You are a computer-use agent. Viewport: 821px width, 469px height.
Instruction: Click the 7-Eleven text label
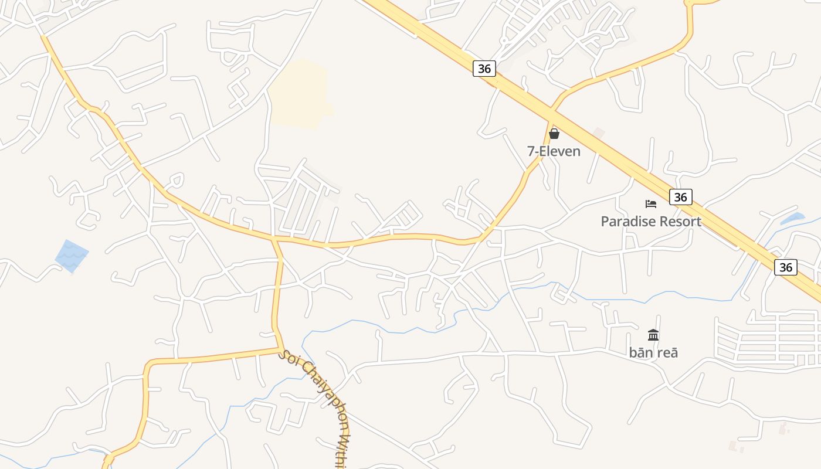[554, 151]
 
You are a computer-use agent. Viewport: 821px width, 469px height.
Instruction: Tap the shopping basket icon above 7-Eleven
[554, 134]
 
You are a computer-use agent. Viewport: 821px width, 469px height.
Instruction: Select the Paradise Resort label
[651, 222]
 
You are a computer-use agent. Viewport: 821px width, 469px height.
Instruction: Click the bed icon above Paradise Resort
[651, 204]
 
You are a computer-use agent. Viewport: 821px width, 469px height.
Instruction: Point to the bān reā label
[653, 352]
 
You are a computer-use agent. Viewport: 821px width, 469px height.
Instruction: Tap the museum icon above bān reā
[653, 335]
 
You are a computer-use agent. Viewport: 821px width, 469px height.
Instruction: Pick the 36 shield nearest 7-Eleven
[484, 69]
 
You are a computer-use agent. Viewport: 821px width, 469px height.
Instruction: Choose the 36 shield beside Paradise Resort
[680, 197]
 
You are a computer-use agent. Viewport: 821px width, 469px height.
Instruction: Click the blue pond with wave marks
[72, 256]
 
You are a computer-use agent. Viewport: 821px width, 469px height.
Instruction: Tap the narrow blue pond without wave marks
[792, 219]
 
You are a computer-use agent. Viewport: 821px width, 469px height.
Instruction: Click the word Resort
[679, 222]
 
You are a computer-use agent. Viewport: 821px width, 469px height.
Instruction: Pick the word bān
[640, 352]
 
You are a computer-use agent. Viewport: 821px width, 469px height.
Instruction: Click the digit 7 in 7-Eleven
[531, 151]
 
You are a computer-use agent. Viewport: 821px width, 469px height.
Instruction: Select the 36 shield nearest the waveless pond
[786, 267]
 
